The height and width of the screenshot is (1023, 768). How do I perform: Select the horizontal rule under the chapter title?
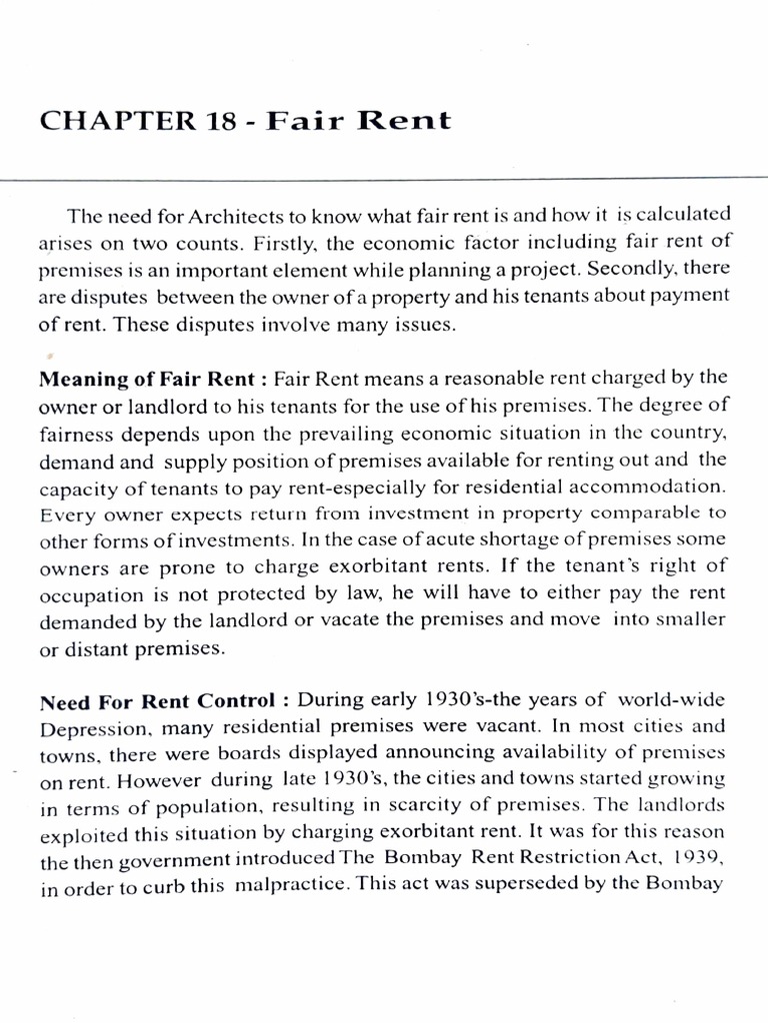pos(384,180)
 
